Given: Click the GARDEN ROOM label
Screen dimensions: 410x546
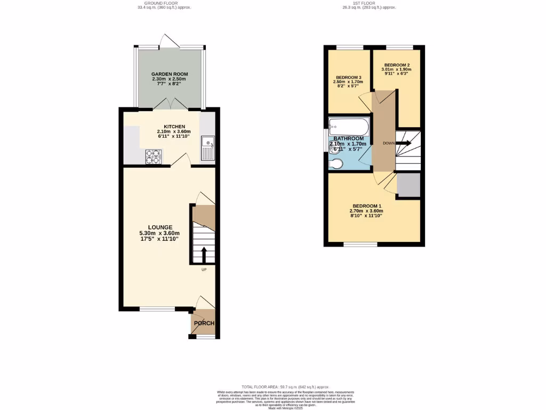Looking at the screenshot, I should (x=169, y=74).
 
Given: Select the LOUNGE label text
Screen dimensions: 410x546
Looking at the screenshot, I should (x=159, y=227).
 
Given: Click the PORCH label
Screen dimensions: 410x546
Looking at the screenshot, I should (x=204, y=323).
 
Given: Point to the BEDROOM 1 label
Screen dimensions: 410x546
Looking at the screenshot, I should (x=367, y=206).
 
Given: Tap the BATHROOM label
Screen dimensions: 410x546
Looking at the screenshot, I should (x=349, y=138).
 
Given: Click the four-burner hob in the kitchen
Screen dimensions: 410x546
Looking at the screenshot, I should (x=154, y=156).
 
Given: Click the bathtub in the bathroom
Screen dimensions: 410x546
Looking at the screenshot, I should (x=348, y=127).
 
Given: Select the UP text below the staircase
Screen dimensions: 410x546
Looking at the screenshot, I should (x=204, y=270).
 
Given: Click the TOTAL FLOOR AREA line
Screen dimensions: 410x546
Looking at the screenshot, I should (x=285, y=387).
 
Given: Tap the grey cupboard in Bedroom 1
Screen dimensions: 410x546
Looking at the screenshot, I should (x=408, y=185).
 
